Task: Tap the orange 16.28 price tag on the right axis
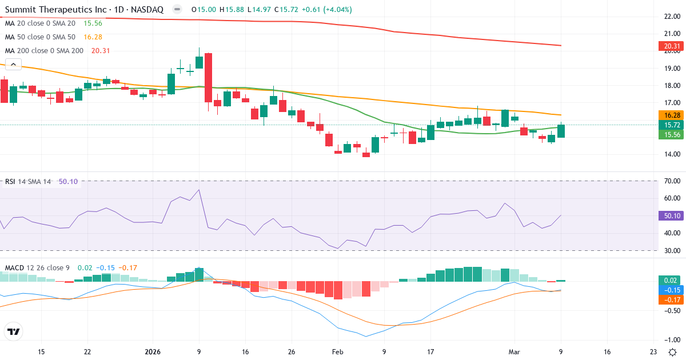(x=668, y=115)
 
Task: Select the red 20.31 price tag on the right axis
(x=668, y=46)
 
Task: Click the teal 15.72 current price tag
(x=668, y=125)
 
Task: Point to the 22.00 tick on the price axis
(x=667, y=17)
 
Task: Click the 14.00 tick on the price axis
(x=667, y=154)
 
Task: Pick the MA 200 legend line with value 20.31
(x=45, y=51)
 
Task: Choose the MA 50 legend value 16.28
(x=93, y=37)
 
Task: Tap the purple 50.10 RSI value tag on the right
(x=668, y=216)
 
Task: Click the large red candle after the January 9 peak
(x=208, y=78)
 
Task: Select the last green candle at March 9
(x=561, y=131)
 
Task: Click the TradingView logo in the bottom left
(x=13, y=331)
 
